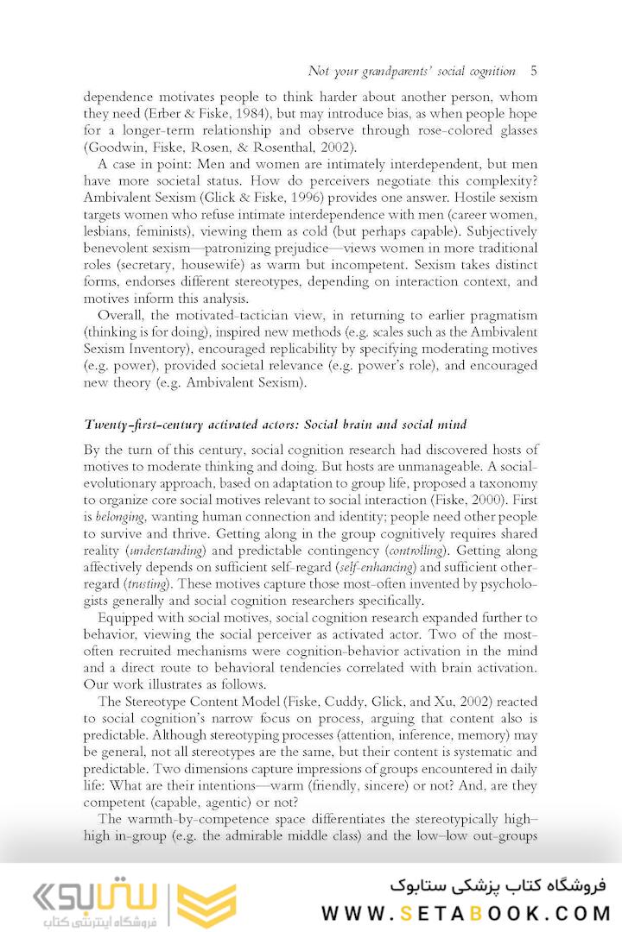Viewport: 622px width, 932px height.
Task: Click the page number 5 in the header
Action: (x=533, y=71)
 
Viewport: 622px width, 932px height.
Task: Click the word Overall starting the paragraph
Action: (x=122, y=315)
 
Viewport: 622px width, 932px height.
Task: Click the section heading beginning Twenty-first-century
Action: (x=275, y=424)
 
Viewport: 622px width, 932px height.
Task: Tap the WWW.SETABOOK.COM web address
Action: (x=466, y=913)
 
